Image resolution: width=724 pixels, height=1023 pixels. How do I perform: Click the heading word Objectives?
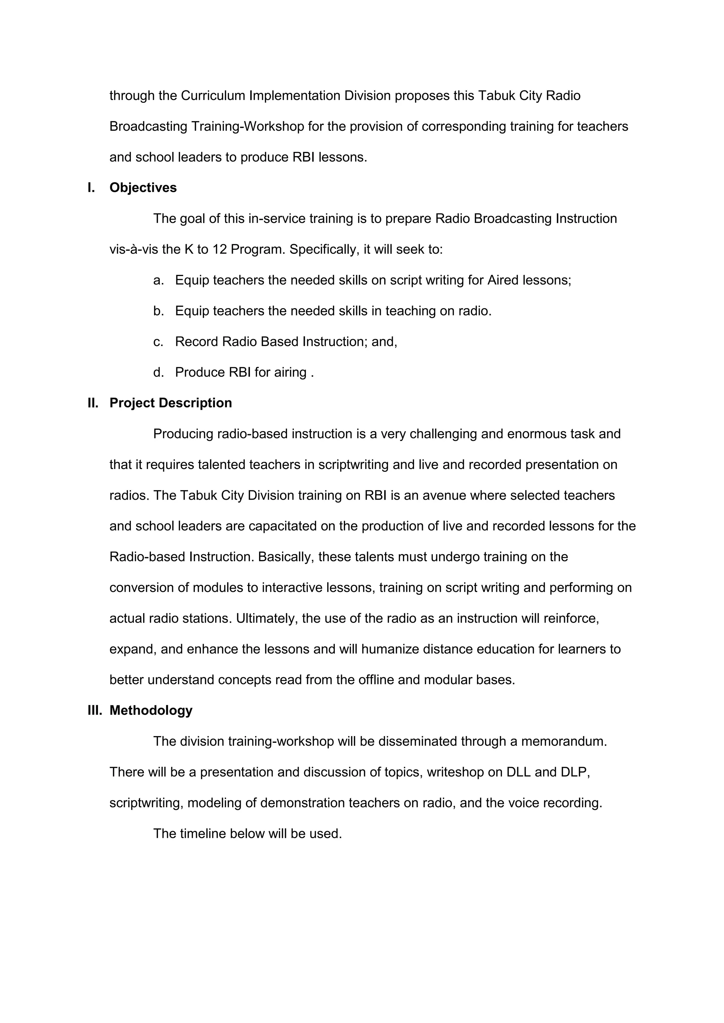(143, 188)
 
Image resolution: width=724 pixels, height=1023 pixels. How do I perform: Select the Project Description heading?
(171, 403)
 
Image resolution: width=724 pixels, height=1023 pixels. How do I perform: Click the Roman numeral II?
(93, 403)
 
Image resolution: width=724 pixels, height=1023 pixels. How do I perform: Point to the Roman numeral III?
(94, 710)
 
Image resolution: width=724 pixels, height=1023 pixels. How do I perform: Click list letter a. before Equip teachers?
(158, 280)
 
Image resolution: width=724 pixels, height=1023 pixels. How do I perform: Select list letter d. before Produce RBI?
(158, 372)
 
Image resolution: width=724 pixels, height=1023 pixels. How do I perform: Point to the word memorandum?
(564, 741)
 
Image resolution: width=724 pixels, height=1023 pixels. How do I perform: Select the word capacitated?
(283, 526)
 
